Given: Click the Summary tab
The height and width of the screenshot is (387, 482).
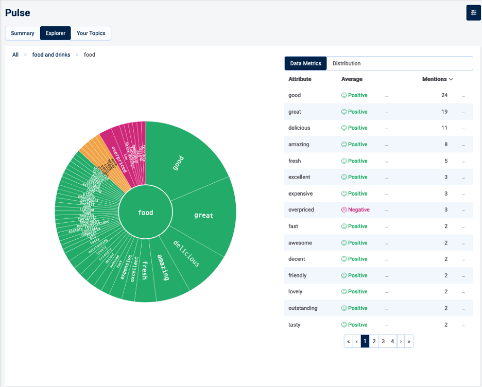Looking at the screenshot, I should coord(23,33).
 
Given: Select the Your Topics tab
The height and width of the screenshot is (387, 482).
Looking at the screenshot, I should coord(91,33).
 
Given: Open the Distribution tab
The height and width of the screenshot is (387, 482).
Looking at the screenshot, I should coord(347,63).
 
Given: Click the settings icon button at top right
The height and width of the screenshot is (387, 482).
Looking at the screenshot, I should coord(473,13).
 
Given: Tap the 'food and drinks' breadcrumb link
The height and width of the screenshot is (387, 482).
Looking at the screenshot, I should coord(51,55).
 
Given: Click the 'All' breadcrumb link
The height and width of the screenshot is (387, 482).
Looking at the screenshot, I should coord(15,55).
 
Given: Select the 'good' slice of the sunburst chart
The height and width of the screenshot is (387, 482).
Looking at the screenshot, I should coord(180,160).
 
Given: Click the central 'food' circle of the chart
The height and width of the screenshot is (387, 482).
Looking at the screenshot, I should coord(145,213).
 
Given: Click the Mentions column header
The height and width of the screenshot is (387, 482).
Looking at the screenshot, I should coord(437,79).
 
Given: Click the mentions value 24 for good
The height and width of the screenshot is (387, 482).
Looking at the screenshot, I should coord(444,95).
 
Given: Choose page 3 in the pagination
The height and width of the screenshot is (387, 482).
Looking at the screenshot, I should coord(383,341).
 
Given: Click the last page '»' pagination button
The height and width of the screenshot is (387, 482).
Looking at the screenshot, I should coord(409,341).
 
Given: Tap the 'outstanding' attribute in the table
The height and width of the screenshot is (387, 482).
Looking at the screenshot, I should coord(303,308).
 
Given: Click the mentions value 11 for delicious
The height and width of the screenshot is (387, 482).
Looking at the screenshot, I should coord(444,128).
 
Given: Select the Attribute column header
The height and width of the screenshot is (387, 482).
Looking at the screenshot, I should coord(300,79).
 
